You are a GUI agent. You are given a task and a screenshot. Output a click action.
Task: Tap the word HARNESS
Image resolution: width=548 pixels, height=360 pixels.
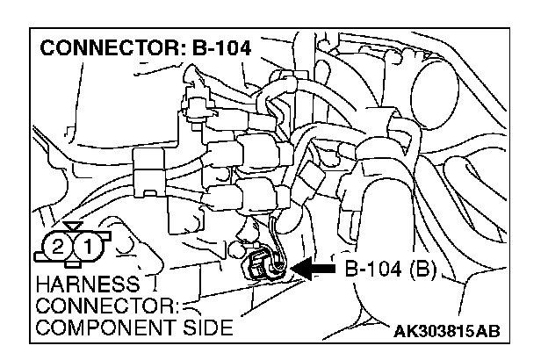pyautogui.click(x=76, y=286)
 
